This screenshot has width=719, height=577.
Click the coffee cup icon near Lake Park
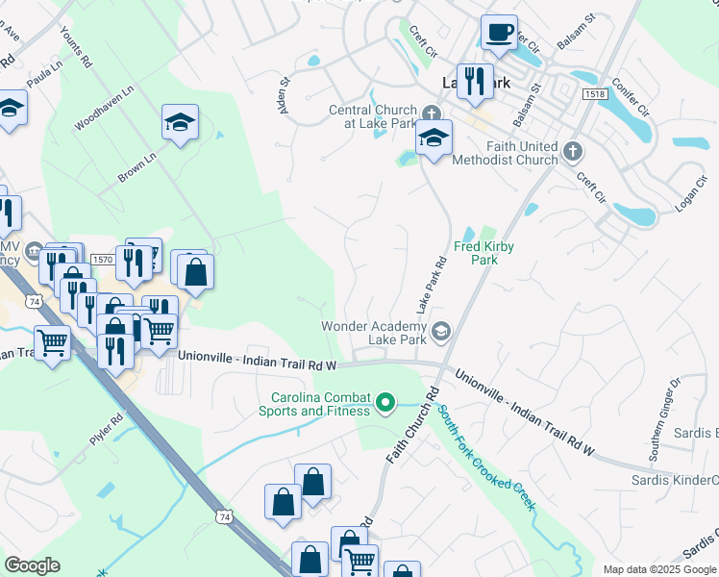click(x=499, y=34)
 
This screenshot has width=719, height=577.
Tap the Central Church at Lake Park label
click(x=373, y=116)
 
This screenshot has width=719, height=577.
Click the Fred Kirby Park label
click(x=485, y=253)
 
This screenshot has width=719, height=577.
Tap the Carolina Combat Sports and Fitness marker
click(x=386, y=401)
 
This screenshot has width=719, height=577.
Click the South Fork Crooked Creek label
click(x=486, y=457)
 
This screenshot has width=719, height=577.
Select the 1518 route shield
click(x=593, y=93)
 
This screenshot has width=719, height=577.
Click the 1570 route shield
click(x=102, y=259)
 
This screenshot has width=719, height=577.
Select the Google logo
click(x=32, y=565)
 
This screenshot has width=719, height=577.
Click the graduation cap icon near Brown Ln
click(x=179, y=122)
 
